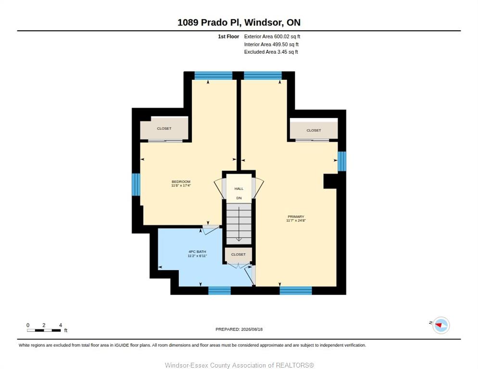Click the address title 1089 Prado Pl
click(x=209, y=22)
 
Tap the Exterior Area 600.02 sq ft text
click(x=272, y=37)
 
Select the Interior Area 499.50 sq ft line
click(x=271, y=45)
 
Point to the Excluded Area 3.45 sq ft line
click(x=271, y=52)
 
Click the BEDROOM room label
click(x=181, y=182)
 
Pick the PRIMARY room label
click(x=296, y=217)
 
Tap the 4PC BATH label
click(x=197, y=252)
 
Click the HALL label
click(x=239, y=189)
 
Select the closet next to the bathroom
click(x=239, y=255)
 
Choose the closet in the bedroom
click(x=164, y=128)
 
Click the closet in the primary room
click(x=314, y=130)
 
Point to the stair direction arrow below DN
click(x=239, y=224)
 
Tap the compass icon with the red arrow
click(x=441, y=325)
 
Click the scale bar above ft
click(x=44, y=330)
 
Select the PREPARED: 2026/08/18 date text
click(x=239, y=330)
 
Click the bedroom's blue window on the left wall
click(x=136, y=184)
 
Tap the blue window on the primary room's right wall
click(x=342, y=161)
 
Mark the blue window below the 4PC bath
click(x=219, y=291)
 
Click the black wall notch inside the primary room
click(x=331, y=181)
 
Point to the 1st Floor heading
click(x=228, y=37)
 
